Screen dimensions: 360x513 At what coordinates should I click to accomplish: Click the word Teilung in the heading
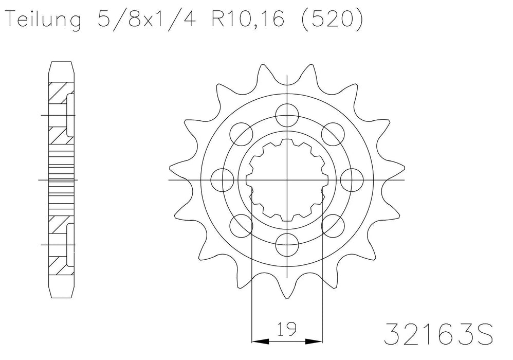tap(44, 20)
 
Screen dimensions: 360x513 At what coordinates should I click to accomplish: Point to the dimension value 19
tap(287, 328)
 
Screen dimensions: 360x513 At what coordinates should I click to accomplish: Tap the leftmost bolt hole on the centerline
tap(222, 179)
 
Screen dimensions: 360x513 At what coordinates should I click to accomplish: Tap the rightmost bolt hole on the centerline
tap(351, 179)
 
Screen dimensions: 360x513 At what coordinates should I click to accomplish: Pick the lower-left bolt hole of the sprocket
tap(241, 225)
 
